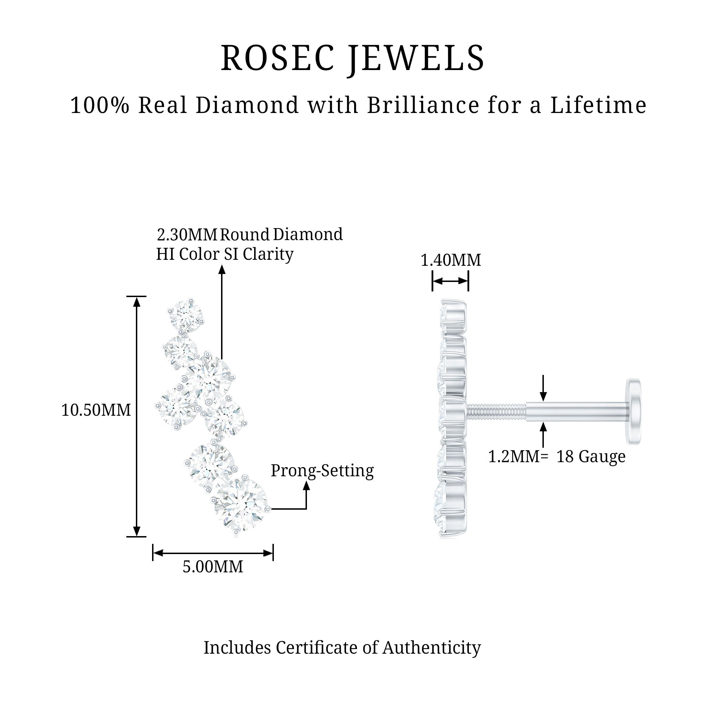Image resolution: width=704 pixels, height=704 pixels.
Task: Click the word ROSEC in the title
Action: click(277, 58)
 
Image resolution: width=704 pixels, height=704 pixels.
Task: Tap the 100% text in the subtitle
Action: click(100, 105)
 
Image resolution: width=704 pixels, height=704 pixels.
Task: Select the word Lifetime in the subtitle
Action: click(598, 105)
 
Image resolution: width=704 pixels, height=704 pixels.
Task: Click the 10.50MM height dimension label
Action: click(96, 410)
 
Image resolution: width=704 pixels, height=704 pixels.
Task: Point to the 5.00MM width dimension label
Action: click(213, 567)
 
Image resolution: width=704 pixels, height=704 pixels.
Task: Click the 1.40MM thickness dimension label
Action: click(451, 260)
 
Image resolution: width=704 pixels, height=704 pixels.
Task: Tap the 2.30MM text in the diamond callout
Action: click(187, 235)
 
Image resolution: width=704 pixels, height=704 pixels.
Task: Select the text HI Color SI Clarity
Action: click(225, 254)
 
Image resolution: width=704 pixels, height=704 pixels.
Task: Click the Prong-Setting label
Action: click(322, 470)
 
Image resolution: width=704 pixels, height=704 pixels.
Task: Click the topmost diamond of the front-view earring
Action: click(186, 315)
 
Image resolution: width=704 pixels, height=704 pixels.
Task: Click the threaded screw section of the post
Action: click(496, 411)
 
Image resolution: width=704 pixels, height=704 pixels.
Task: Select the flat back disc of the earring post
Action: click(634, 411)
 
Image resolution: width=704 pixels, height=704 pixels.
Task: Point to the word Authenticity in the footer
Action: click(432, 648)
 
